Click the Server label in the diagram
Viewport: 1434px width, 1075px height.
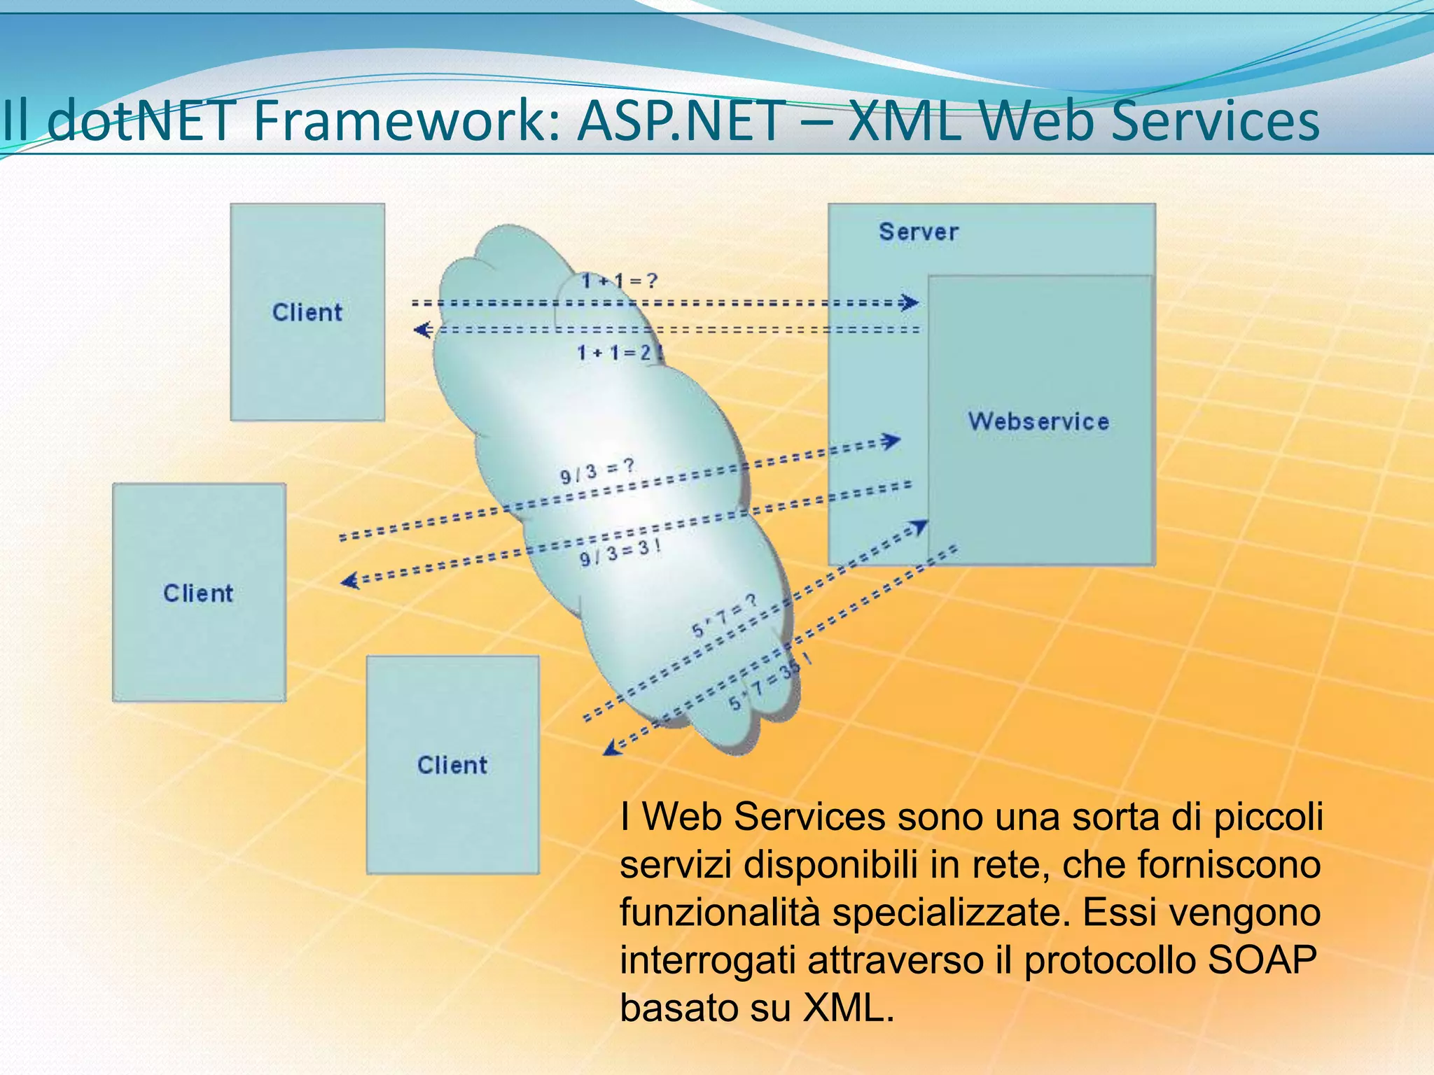coord(918,232)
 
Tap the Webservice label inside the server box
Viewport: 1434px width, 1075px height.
coord(1038,421)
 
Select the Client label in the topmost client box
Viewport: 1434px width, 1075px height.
coord(307,312)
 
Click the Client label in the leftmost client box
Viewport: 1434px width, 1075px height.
coord(198,593)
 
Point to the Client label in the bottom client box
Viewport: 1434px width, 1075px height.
coord(452,765)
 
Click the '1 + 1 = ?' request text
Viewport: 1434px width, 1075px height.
coord(620,281)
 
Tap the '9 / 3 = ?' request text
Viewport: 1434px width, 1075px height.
coord(597,471)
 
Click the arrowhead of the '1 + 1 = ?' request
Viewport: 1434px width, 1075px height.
coord(910,302)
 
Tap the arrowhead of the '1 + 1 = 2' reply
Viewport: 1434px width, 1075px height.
coord(422,329)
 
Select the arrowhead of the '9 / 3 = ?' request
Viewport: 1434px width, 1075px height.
coord(891,441)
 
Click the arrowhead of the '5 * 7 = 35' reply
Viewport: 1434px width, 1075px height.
coord(611,748)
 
